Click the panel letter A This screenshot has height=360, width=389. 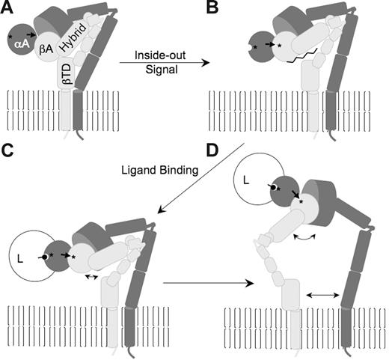tap(10, 9)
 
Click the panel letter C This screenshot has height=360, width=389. tap(10, 150)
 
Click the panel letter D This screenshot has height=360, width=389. tap(212, 150)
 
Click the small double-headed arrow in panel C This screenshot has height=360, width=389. tap(92, 276)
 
